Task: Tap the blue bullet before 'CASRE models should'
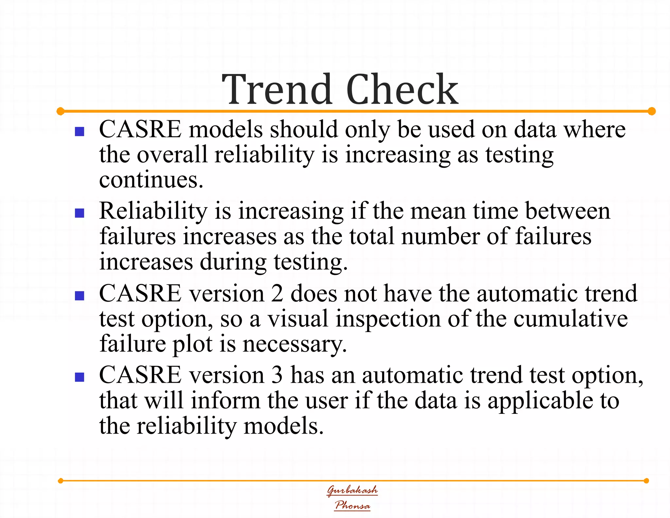click(x=79, y=132)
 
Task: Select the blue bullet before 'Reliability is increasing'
click(x=79, y=213)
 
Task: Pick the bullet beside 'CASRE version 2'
click(x=79, y=296)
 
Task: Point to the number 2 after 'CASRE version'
click(x=277, y=293)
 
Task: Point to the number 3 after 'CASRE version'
click(x=277, y=375)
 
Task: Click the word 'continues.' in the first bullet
click(x=151, y=180)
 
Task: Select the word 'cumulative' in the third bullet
click(x=571, y=319)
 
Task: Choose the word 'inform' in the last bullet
click(x=225, y=401)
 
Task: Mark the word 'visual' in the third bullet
click(x=298, y=319)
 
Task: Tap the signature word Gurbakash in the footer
click(x=352, y=490)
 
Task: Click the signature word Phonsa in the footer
click(x=352, y=505)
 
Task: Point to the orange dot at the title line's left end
click(x=61, y=111)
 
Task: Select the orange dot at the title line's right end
click(x=651, y=111)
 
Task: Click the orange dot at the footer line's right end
click(x=646, y=481)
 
